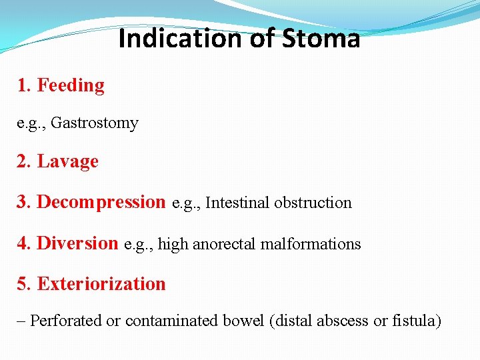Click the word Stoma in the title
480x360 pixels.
tap(321, 39)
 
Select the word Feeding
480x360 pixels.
tap(71, 85)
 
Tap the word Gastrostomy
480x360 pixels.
tap(95, 123)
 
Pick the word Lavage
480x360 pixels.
tap(68, 161)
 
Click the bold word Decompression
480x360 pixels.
tap(101, 202)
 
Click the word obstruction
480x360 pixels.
tap(313, 203)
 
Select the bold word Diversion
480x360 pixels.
tap(77, 243)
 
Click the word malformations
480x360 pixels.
tap(311, 244)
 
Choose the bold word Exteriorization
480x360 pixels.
tap(101, 284)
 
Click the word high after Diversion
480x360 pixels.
tap(173, 245)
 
